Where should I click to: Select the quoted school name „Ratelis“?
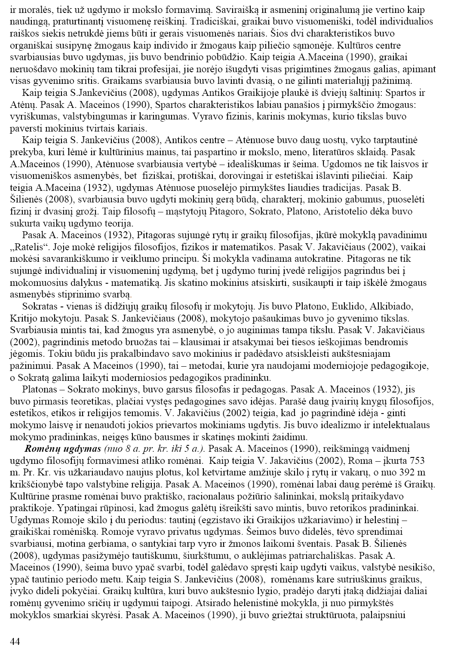27,247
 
